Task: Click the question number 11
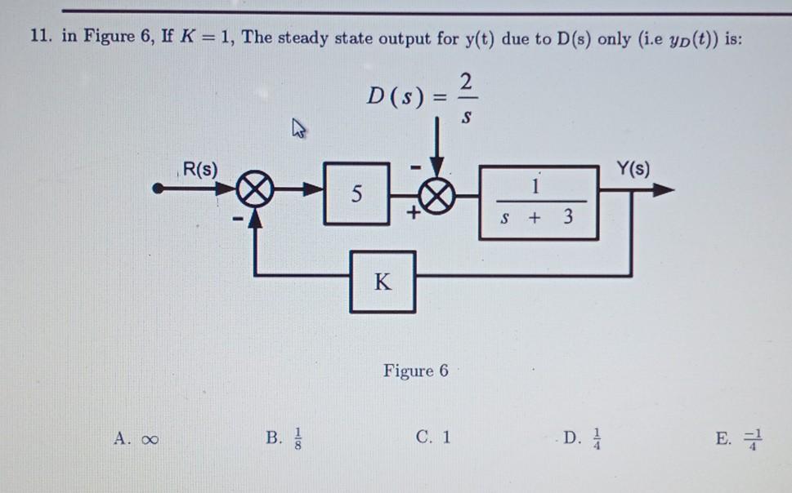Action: coord(40,40)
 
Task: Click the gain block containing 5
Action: coord(356,194)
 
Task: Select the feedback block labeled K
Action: coord(383,282)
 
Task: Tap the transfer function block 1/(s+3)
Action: coord(538,202)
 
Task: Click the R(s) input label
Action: coord(199,170)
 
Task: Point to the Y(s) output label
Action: coord(633,170)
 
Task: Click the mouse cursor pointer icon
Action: coord(298,128)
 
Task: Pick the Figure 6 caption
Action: coord(415,371)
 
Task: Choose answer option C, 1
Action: coord(433,437)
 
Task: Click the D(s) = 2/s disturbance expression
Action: coord(420,96)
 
